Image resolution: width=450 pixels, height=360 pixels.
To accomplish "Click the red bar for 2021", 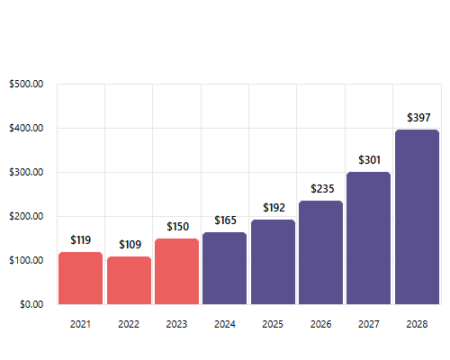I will click(x=80, y=278).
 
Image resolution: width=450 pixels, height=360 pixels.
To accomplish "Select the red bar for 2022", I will click(x=129, y=281).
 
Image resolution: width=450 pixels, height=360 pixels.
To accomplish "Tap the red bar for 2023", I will click(x=176, y=271).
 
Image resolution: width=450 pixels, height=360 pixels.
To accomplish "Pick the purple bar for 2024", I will click(x=224, y=268).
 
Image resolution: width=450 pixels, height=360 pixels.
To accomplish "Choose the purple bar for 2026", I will click(x=320, y=253).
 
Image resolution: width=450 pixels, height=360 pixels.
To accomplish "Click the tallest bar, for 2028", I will click(x=417, y=217).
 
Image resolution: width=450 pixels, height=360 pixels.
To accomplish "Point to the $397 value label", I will click(x=418, y=118).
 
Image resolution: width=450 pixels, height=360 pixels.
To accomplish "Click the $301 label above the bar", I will click(x=369, y=160).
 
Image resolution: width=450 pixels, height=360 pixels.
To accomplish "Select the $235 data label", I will click(x=321, y=189).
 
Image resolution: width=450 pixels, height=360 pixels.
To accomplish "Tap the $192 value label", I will click(x=273, y=208).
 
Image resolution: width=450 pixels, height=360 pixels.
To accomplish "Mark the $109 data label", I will click(x=129, y=245).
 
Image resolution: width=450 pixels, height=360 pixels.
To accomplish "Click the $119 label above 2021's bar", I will click(x=81, y=240).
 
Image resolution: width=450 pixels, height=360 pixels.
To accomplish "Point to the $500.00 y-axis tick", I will click(x=26, y=85).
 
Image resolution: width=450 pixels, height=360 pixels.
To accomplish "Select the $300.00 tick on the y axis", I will click(x=26, y=173).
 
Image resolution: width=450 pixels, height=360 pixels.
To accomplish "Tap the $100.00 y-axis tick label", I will click(x=26, y=260).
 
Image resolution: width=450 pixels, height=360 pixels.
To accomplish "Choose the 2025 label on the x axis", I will click(x=273, y=324).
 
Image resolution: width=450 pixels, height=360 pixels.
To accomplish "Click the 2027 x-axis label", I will click(x=369, y=324).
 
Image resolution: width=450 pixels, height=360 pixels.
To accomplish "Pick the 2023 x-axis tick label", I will click(x=176, y=324).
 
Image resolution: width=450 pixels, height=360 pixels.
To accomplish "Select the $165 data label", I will click(x=225, y=220).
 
